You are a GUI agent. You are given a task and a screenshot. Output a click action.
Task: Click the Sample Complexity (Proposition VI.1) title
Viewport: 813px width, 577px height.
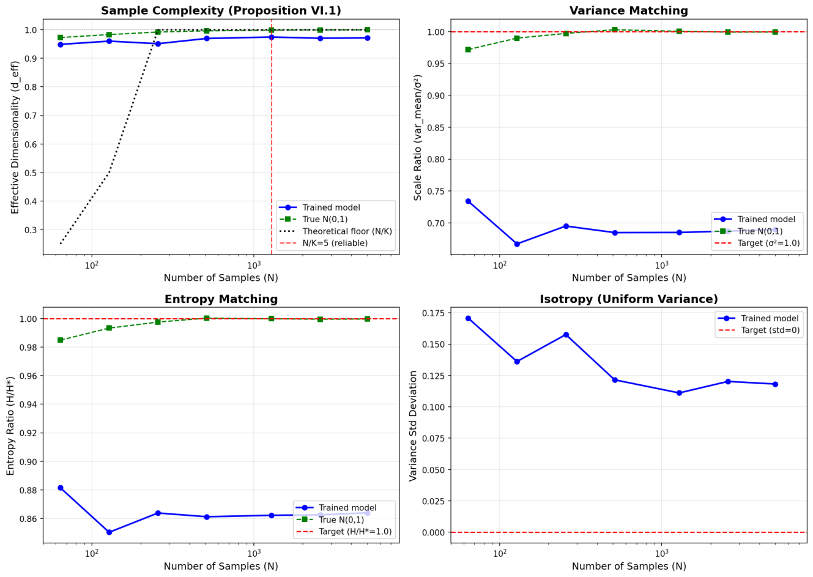click(221, 10)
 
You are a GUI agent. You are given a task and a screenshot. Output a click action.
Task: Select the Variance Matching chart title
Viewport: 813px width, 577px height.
click(629, 10)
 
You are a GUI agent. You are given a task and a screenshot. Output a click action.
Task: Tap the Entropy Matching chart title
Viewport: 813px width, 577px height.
click(221, 299)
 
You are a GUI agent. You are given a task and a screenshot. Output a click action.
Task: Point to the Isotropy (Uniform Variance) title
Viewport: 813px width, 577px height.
click(629, 299)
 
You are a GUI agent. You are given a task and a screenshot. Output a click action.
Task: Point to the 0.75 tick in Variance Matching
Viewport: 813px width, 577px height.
click(438, 191)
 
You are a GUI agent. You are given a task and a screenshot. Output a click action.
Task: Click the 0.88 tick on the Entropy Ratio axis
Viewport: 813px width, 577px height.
click(30, 490)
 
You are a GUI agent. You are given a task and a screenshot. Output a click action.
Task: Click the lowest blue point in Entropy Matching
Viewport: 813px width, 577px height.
click(110, 532)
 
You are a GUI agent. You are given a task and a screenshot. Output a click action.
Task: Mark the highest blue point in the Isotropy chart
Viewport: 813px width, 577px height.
click(468, 318)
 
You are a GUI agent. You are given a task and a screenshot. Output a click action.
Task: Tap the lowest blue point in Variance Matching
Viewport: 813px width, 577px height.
click(517, 244)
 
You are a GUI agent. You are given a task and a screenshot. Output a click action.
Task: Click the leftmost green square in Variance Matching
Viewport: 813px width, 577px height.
click(468, 50)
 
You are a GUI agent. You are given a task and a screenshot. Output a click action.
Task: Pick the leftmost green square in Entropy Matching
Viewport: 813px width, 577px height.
click(61, 340)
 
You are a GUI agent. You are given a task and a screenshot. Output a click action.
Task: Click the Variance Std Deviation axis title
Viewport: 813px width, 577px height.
click(413, 426)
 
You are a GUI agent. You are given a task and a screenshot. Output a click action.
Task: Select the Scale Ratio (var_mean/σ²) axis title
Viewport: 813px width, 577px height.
click(417, 137)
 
